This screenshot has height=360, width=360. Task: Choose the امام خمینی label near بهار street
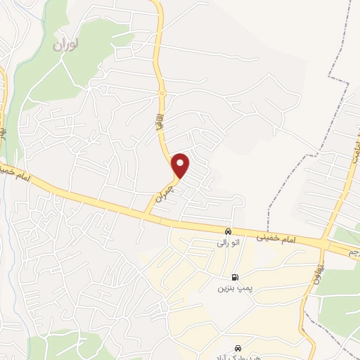[x=17, y=172]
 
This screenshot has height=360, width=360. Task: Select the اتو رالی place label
[x=228, y=243]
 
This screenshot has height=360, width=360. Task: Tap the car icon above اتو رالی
[x=228, y=232]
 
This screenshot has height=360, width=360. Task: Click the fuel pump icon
[x=234, y=277]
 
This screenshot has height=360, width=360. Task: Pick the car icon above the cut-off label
[x=239, y=348]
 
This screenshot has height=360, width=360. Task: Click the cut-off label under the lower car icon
[x=243, y=356]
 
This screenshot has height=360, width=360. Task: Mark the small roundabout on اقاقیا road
[x=162, y=92]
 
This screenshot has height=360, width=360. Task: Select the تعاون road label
[x=314, y=270]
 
